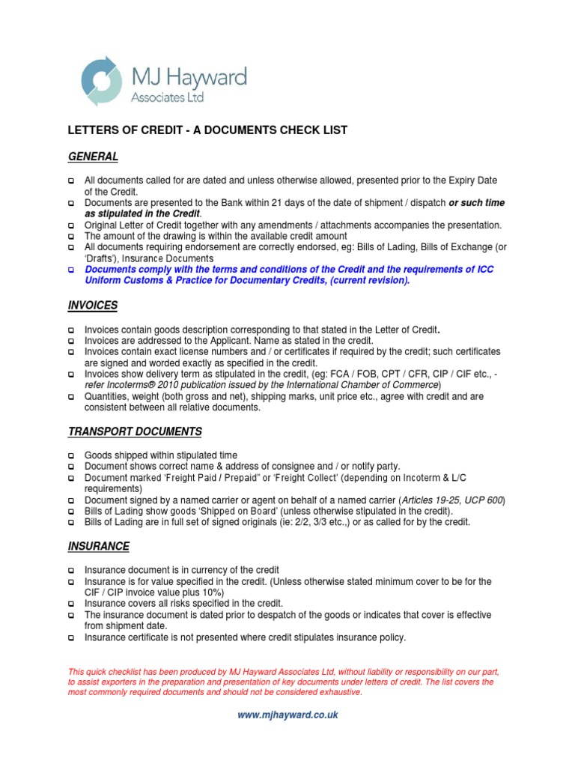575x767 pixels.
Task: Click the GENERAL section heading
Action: pos(94,157)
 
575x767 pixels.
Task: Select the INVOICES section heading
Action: pos(94,306)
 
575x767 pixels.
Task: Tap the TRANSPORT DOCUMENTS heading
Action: pos(135,432)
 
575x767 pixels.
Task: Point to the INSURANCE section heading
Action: pos(99,546)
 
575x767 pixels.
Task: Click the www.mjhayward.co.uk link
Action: pos(287,715)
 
